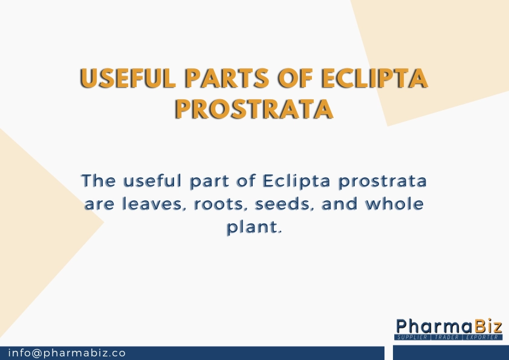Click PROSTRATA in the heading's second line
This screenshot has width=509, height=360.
[254, 109]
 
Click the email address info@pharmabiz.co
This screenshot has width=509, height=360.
[66, 353]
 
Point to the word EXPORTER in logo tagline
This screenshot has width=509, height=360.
[482, 337]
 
